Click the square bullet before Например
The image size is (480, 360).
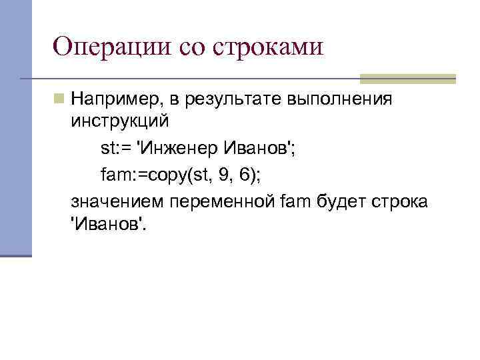click(x=60, y=99)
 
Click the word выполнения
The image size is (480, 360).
click(x=340, y=99)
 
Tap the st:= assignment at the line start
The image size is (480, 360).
click(x=115, y=148)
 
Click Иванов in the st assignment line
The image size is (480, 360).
click(x=259, y=148)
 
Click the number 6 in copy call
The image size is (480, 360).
click(x=246, y=175)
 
